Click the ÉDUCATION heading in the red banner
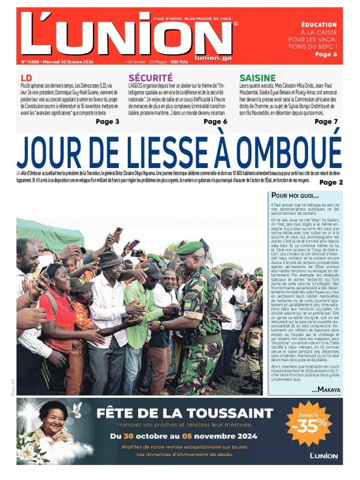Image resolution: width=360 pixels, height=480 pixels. (x=319, y=25)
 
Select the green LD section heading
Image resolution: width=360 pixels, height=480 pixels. (x=26, y=78)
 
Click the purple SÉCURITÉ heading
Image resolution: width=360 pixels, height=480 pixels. (x=150, y=78)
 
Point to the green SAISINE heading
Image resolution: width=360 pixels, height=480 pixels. (x=257, y=78)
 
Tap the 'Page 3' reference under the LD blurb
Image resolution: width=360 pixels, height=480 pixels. (x=107, y=122)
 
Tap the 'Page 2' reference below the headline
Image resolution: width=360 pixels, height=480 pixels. (x=331, y=182)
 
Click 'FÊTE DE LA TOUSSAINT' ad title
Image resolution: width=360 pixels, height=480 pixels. (x=185, y=413)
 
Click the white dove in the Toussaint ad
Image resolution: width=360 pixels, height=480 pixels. (x=77, y=410)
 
